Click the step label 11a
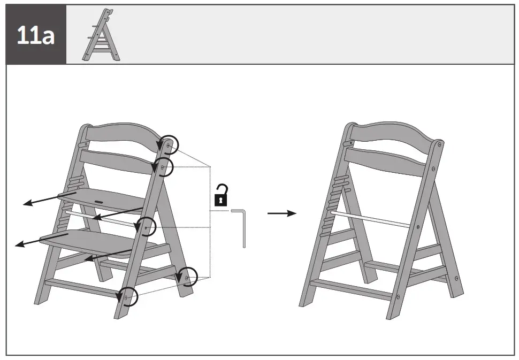click(x=35, y=35)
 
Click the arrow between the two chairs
click(x=281, y=213)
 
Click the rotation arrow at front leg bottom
click(x=128, y=296)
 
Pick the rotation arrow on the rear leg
click(x=188, y=277)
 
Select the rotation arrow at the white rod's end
click(x=146, y=227)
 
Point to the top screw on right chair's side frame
click(x=439, y=144)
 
